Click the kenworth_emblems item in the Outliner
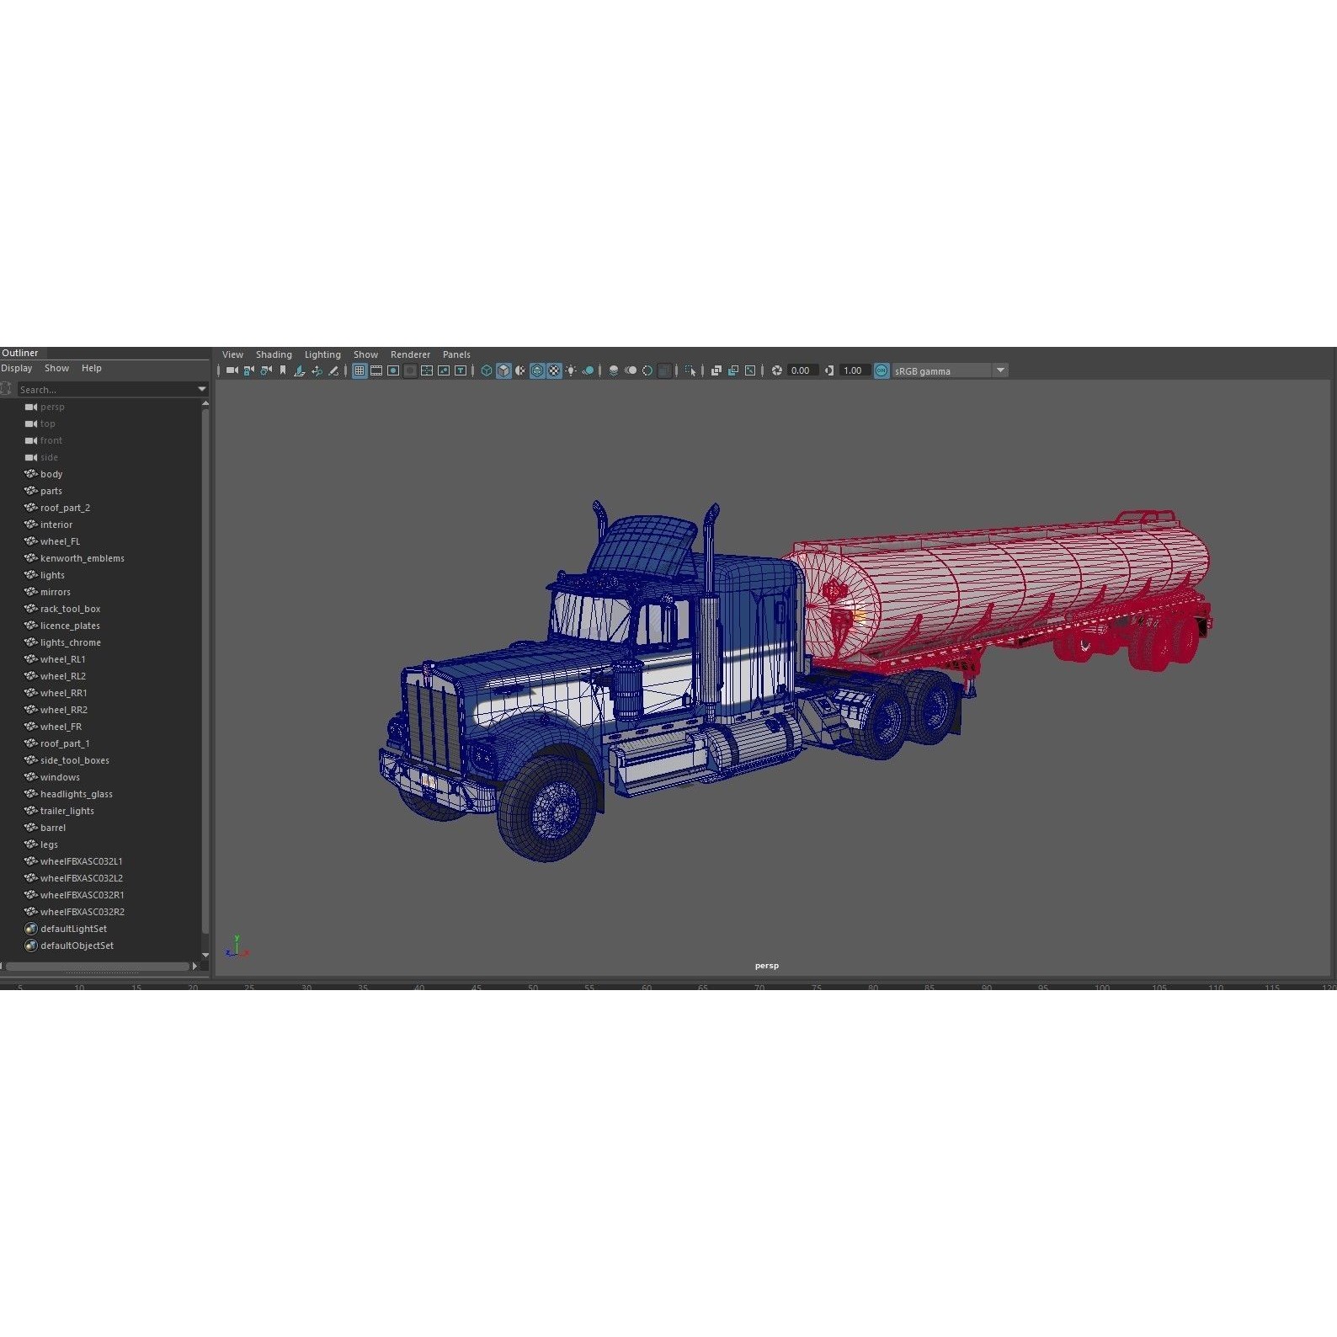click(x=82, y=558)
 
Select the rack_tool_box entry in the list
click(x=70, y=609)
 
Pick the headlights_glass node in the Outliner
click(x=76, y=794)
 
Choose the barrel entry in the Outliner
click(x=52, y=828)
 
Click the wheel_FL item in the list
click(x=60, y=541)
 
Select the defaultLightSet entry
click(x=73, y=929)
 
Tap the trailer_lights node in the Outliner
click(x=67, y=811)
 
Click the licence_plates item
click(x=70, y=626)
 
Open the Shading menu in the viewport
click(x=274, y=354)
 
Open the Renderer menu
click(x=410, y=354)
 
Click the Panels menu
click(x=456, y=354)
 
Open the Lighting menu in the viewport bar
click(x=322, y=354)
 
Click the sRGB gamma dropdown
click(x=949, y=370)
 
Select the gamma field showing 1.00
click(x=853, y=370)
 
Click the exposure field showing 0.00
click(x=801, y=370)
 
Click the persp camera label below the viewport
click(x=766, y=966)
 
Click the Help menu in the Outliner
click(x=91, y=368)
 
